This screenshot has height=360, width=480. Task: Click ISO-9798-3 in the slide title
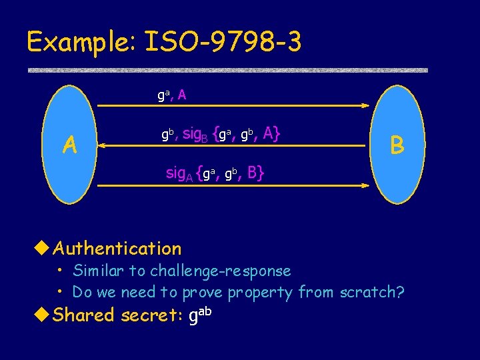tap(223, 42)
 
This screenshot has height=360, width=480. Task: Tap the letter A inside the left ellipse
tap(69, 143)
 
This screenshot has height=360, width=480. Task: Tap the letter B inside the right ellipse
tap(397, 143)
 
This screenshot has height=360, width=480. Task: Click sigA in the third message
tap(179, 175)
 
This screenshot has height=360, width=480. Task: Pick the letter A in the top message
tap(182, 95)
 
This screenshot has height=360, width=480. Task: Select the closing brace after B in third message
tap(261, 174)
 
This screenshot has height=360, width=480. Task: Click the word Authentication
tap(117, 249)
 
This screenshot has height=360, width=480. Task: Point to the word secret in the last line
tap(154, 315)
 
